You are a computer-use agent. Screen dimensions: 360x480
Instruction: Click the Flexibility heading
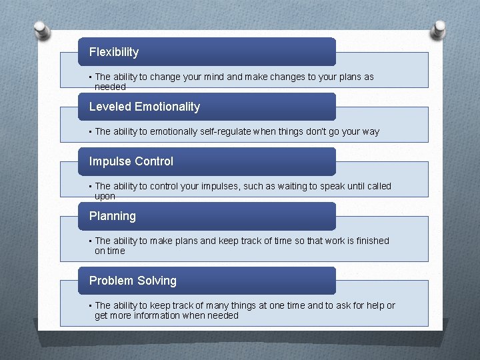(114, 52)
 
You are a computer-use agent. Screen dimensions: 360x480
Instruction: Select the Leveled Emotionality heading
(145, 107)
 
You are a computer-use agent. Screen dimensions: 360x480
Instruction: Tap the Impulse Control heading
(131, 161)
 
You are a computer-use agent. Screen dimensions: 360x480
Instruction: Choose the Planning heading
(113, 216)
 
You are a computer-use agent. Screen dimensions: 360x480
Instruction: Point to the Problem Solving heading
(133, 281)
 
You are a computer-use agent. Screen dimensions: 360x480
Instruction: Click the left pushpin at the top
(41, 30)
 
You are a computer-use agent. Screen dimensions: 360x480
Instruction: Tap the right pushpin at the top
(439, 30)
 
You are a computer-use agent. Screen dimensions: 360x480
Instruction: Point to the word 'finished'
(370, 241)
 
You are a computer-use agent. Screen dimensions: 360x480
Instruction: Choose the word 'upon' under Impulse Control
(105, 197)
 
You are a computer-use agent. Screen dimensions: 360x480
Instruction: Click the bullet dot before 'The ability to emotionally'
(90, 131)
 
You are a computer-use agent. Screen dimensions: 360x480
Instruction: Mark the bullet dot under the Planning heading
(90, 241)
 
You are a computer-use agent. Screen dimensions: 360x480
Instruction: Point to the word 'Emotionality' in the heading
(167, 107)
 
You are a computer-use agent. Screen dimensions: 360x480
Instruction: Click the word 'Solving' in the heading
(157, 281)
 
